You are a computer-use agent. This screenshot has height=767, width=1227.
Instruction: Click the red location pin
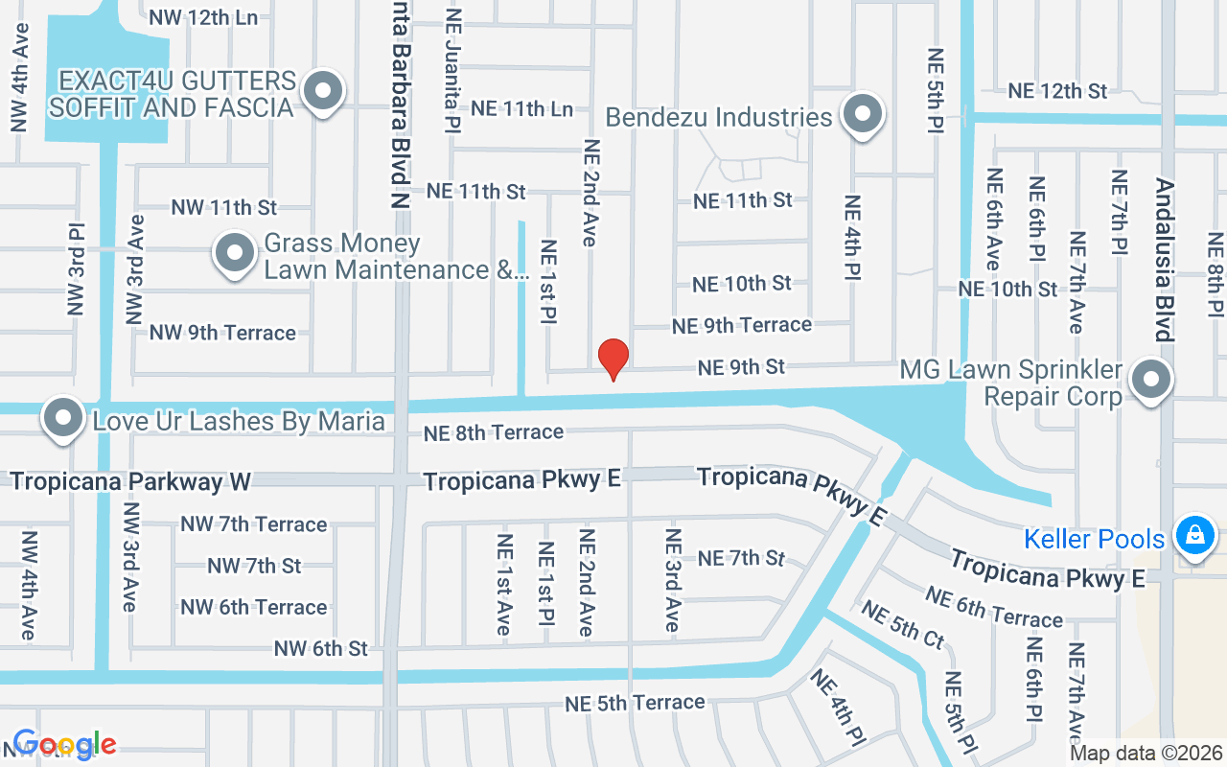(613, 359)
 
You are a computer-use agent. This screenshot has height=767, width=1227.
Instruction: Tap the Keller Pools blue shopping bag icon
(1195, 535)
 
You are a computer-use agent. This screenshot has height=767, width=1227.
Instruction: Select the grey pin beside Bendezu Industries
(863, 114)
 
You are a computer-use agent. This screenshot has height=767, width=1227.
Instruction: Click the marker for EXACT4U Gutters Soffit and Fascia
(323, 92)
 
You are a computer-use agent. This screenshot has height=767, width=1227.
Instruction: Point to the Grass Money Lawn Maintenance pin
(235, 254)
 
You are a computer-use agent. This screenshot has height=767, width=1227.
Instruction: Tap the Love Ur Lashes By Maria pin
(64, 419)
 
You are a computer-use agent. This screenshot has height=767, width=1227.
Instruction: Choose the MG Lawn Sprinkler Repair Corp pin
(1151, 379)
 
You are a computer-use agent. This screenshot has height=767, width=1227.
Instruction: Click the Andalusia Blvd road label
(1165, 260)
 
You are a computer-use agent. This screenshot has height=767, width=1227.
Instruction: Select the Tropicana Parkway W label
(129, 481)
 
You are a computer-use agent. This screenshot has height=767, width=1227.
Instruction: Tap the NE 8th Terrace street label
(494, 433)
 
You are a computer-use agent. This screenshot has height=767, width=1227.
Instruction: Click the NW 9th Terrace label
(222, 333)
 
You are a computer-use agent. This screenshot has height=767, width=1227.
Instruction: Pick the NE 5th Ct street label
(902, 622)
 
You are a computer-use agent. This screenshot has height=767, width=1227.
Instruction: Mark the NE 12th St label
(1057, 91)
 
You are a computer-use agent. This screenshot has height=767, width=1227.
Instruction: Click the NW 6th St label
(320, 649)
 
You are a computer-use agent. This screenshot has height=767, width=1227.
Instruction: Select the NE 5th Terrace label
(635, 703)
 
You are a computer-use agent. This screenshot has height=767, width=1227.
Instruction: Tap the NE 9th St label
(741, 367)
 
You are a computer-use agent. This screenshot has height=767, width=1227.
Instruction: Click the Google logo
(64, 745)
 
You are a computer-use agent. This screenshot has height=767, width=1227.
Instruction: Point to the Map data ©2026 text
(1146, 754)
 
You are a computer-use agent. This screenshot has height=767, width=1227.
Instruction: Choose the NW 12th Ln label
(203, 17)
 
